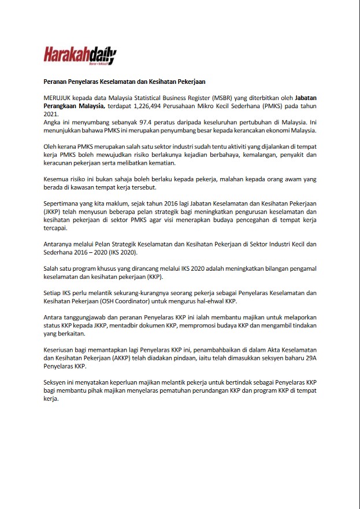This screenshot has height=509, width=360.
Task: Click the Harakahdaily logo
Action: tap(80, 55)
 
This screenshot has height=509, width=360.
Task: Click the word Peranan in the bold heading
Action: tap(57, 82)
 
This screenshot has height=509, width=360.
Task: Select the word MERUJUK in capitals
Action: tap(58, 99)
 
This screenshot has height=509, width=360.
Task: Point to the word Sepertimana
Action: tap(62, 204)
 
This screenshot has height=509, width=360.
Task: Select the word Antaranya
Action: tap(59, 245)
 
